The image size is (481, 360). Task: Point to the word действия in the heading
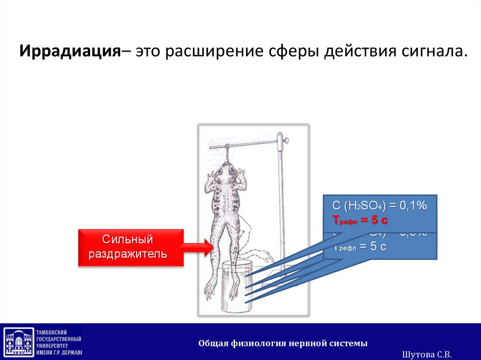(361, 50)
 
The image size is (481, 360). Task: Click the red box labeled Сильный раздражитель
(130, 247)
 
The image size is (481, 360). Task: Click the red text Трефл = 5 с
(360, 220)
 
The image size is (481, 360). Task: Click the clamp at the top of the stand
(283, 139)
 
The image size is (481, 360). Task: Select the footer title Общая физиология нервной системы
(283, 343)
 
